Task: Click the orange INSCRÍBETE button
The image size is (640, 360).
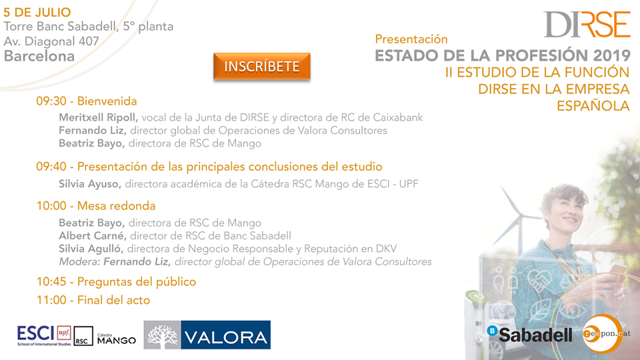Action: (261, 66)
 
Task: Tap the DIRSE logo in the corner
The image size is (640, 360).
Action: (587, 25)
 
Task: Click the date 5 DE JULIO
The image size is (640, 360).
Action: (37, 12)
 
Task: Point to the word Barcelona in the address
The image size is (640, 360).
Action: (39, 56)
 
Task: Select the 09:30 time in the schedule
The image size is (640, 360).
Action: (51, 101)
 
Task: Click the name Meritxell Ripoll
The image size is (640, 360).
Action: (99, 117)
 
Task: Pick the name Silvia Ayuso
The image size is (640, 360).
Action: (90, 184)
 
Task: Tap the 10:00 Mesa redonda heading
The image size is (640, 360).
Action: (96, 206)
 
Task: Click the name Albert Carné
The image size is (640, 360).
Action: (92, 235)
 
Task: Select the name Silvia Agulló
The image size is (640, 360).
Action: (91, 249)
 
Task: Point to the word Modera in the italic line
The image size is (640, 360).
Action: (79, 261)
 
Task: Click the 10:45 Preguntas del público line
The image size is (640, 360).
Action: (116, 281)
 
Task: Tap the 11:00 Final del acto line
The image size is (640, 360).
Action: (93, 300)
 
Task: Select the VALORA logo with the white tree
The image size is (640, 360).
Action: (207, 335)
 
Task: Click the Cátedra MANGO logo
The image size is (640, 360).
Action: (116, 339)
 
